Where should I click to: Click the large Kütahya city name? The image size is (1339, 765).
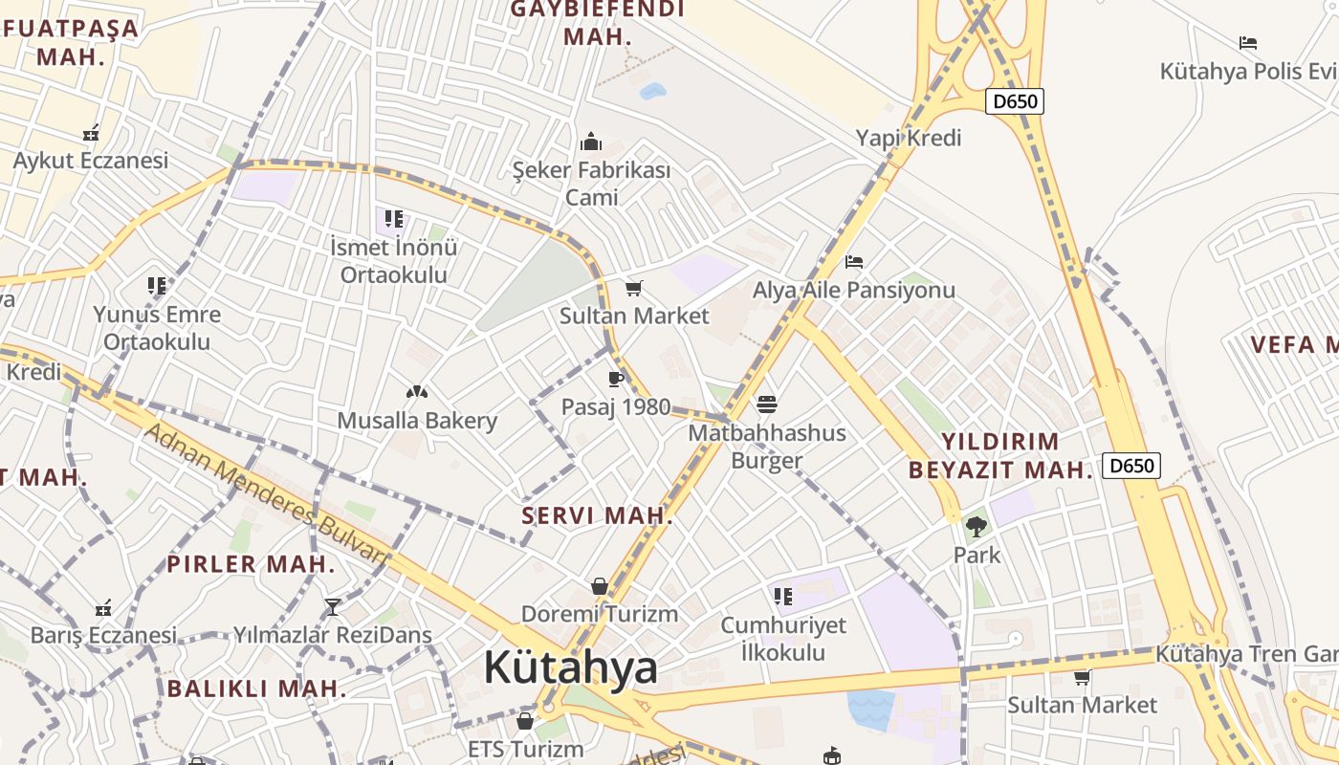(x=570, y=667)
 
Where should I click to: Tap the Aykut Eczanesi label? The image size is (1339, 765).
(x=91, y=160)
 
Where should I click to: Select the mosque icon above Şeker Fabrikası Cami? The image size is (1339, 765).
(x=591, y=142)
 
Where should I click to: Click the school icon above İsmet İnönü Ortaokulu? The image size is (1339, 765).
(x=393, y=219)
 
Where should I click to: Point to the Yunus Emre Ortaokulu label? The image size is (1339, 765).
(x=157, y=328)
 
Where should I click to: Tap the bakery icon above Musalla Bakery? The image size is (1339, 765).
(x=416, y=391)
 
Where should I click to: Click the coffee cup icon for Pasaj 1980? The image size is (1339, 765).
(x=615, y=379)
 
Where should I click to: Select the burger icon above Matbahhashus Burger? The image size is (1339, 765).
(x=767, y=404)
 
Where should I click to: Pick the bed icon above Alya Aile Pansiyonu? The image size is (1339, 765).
(x=854, y=261)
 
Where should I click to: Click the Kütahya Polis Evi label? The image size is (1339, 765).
(x=1247, y=72)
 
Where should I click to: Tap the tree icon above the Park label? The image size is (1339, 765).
(x=977, y=525)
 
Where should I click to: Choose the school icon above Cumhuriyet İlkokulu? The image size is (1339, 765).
(x=783, y=597)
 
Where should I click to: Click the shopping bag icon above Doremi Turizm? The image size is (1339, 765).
(x=599, y=585)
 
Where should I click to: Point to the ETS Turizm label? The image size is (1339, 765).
(x=525, y=749)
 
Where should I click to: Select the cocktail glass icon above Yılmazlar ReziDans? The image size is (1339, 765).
(x=333, y=606)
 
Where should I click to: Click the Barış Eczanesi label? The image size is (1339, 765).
(x=103, y=635)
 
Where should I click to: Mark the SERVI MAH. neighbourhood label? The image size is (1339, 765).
(x=597, y=515)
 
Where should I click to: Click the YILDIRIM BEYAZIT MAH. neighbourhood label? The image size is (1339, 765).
(x=1000, y=455)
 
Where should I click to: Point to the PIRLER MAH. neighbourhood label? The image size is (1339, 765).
(x=251, y=563)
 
